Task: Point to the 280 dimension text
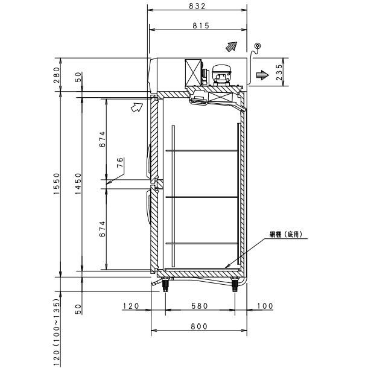tap(58, 75)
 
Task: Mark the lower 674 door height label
tap(103, 226)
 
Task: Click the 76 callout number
tap(120, 162)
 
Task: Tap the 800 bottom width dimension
tap(198, 326)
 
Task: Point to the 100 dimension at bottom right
tap(264, 306)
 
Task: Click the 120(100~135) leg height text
tap(58, 332)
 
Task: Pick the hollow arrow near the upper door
tap(138, 107)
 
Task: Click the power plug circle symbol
tap(258, 46)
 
